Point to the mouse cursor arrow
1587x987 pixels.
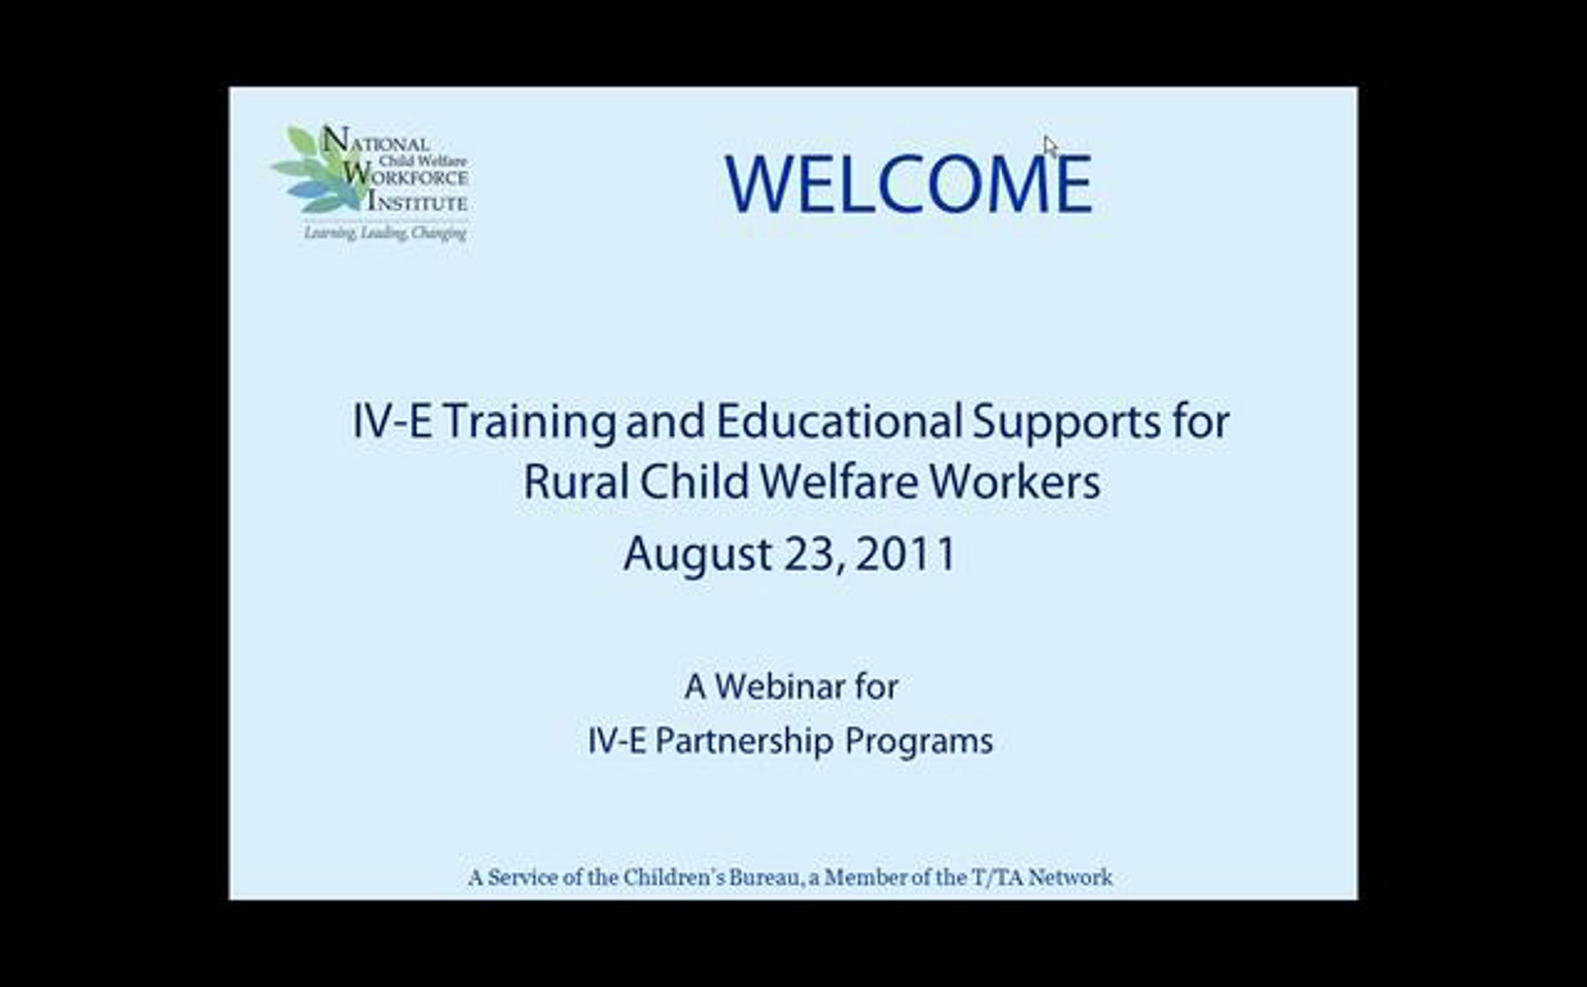coord(1050,147)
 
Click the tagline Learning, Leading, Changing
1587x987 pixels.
coord(386,233)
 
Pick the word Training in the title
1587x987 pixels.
coord(529,423)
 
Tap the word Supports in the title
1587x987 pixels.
coord(1066,424)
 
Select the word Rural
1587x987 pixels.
coord(576,482)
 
